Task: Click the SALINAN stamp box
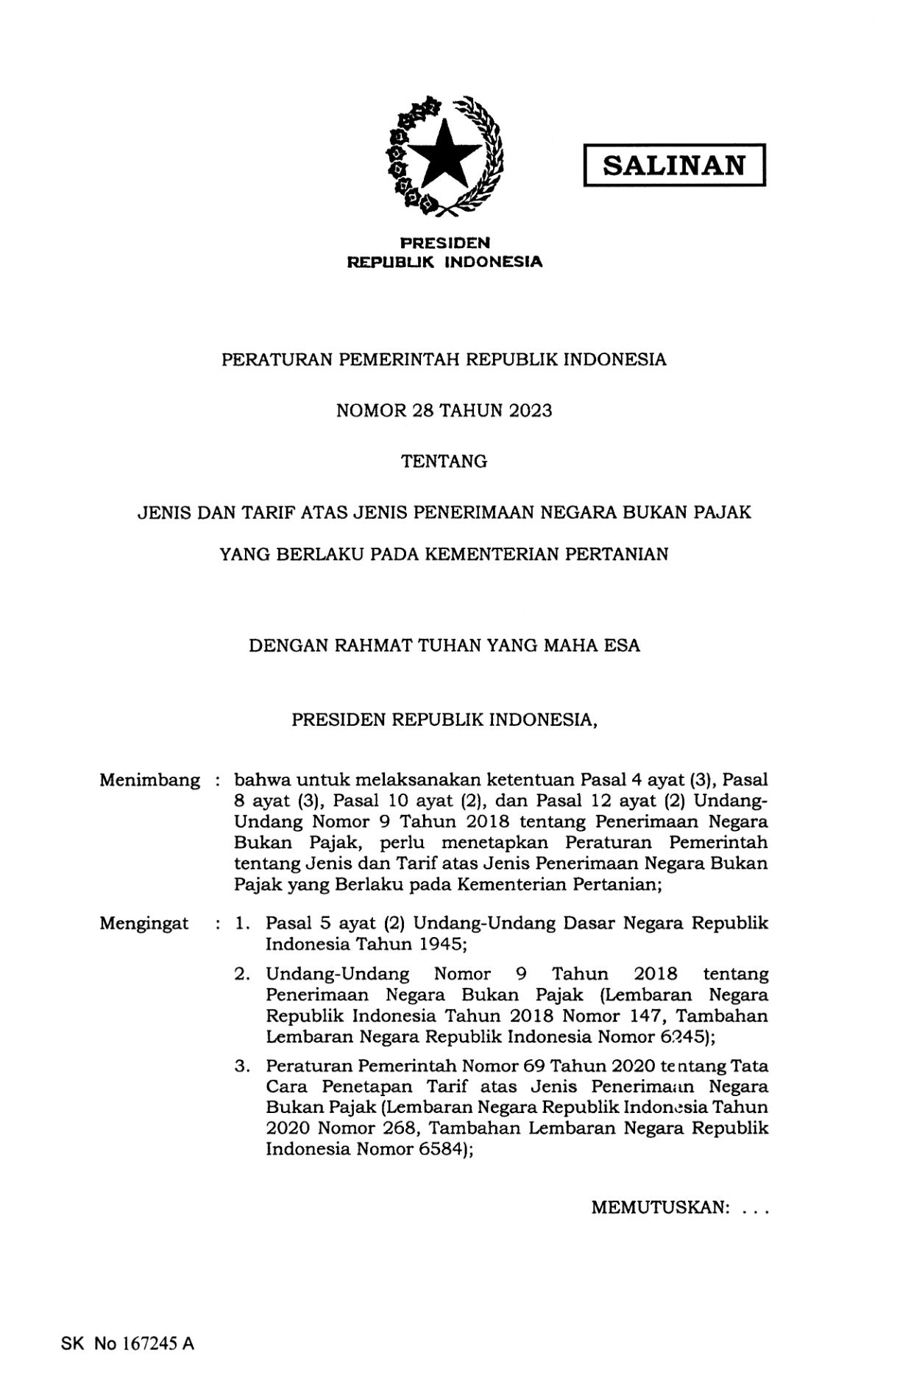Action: (x=674, y=165)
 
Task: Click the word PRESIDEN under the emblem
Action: (x=445, y=242)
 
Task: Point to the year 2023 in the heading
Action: (x=529, y=411)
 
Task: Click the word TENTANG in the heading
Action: (x=444, y=462)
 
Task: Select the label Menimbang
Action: (x=149, y=780)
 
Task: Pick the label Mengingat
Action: (x=143, y=923)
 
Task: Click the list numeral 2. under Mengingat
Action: (x=242, y=975)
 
